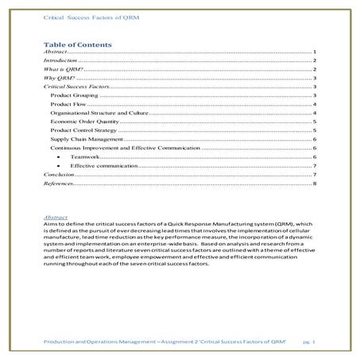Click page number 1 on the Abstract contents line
(315, 50)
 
